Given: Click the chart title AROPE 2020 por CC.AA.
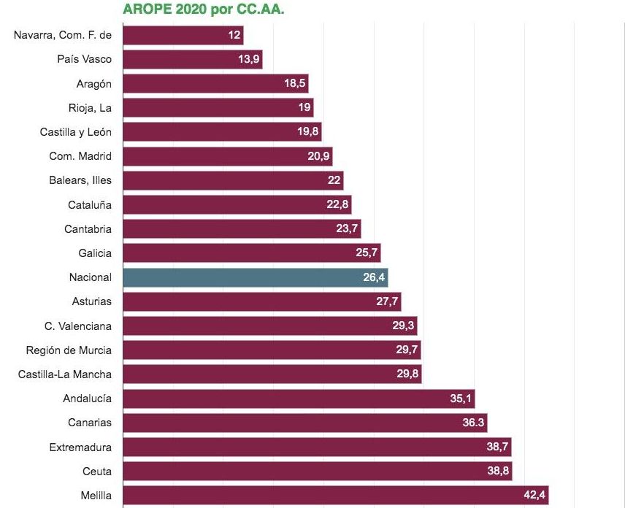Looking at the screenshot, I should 203,9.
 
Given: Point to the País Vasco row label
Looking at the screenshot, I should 84,59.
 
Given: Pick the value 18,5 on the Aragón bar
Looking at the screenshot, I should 295,83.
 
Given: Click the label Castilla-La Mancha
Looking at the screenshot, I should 65,374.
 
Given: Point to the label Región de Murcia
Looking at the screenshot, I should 69,350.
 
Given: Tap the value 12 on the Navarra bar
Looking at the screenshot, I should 234,35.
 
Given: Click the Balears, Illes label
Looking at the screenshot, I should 80,180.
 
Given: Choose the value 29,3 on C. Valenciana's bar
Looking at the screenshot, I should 404,326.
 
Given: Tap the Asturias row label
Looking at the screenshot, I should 92,301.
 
